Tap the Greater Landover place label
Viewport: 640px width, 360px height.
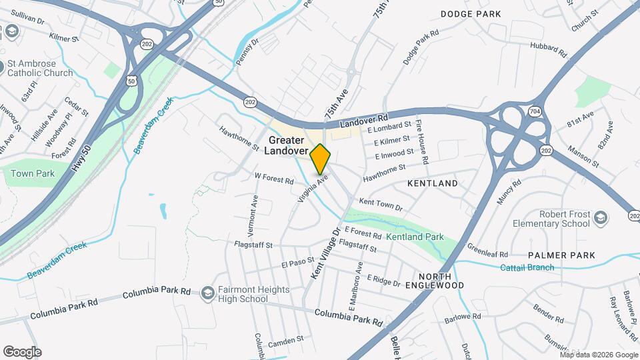tap(286, 145)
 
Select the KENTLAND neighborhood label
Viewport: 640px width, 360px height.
tap(434, 183)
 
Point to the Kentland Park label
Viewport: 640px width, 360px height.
tap(415, 237)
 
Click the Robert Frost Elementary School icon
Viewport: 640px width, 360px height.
tap(601, 219)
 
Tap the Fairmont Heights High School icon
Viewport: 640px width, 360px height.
tap(208, 294)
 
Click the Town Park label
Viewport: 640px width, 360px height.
tap(31, 173)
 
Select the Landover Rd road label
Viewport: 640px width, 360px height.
tap(363, 121)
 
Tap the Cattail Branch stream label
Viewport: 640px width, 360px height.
tap(527, 268)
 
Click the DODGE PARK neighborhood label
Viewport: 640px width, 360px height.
tap(469, 14)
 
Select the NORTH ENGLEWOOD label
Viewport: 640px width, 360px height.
tap(441, 281)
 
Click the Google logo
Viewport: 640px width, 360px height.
tap(22, 351)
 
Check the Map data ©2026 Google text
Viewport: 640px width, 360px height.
tap(598, 355)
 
